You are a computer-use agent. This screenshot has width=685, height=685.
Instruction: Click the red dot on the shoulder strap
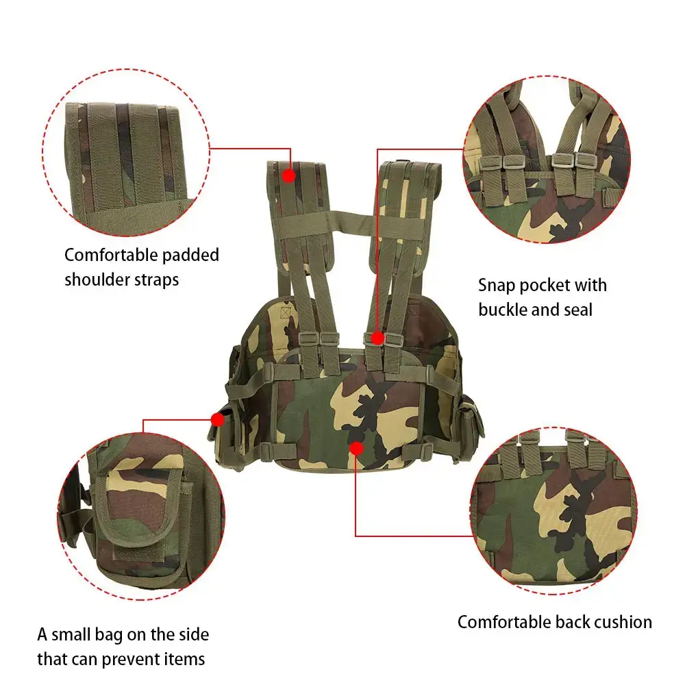click(x=288, y=175)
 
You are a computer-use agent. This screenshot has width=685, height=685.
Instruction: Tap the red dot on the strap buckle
click(x=377, y=338)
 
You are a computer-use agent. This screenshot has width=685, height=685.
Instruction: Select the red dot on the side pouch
click(x=218, y=419)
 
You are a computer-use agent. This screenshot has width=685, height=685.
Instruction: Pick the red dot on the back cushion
click(x=356, y=448)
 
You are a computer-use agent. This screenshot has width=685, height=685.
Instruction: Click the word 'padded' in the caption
click(x=190, y=256)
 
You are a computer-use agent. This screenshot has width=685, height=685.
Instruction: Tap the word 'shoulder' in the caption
click(x=98, y=279)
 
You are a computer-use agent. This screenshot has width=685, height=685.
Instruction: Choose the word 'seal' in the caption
click(x=577, y=310)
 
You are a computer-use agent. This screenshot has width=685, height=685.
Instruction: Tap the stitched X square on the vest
click(x=286, y=313)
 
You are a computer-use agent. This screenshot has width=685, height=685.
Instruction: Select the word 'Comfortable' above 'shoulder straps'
click(x=111, y=255)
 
